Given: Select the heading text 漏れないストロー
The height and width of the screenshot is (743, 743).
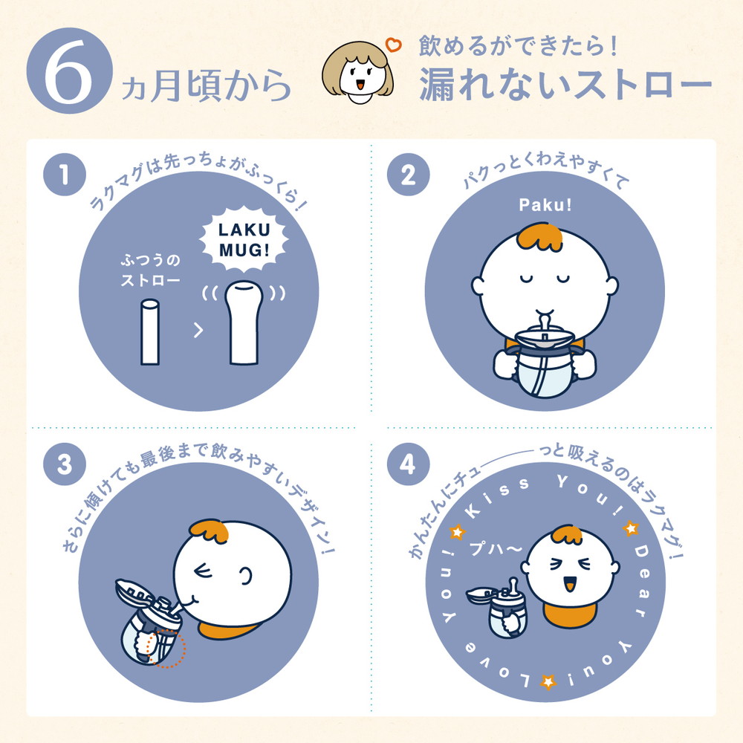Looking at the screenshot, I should click(565, 85).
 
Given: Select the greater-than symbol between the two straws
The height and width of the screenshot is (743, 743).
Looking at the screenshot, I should click(198, 331).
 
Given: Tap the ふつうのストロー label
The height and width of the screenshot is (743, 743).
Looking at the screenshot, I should click(150, 271).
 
